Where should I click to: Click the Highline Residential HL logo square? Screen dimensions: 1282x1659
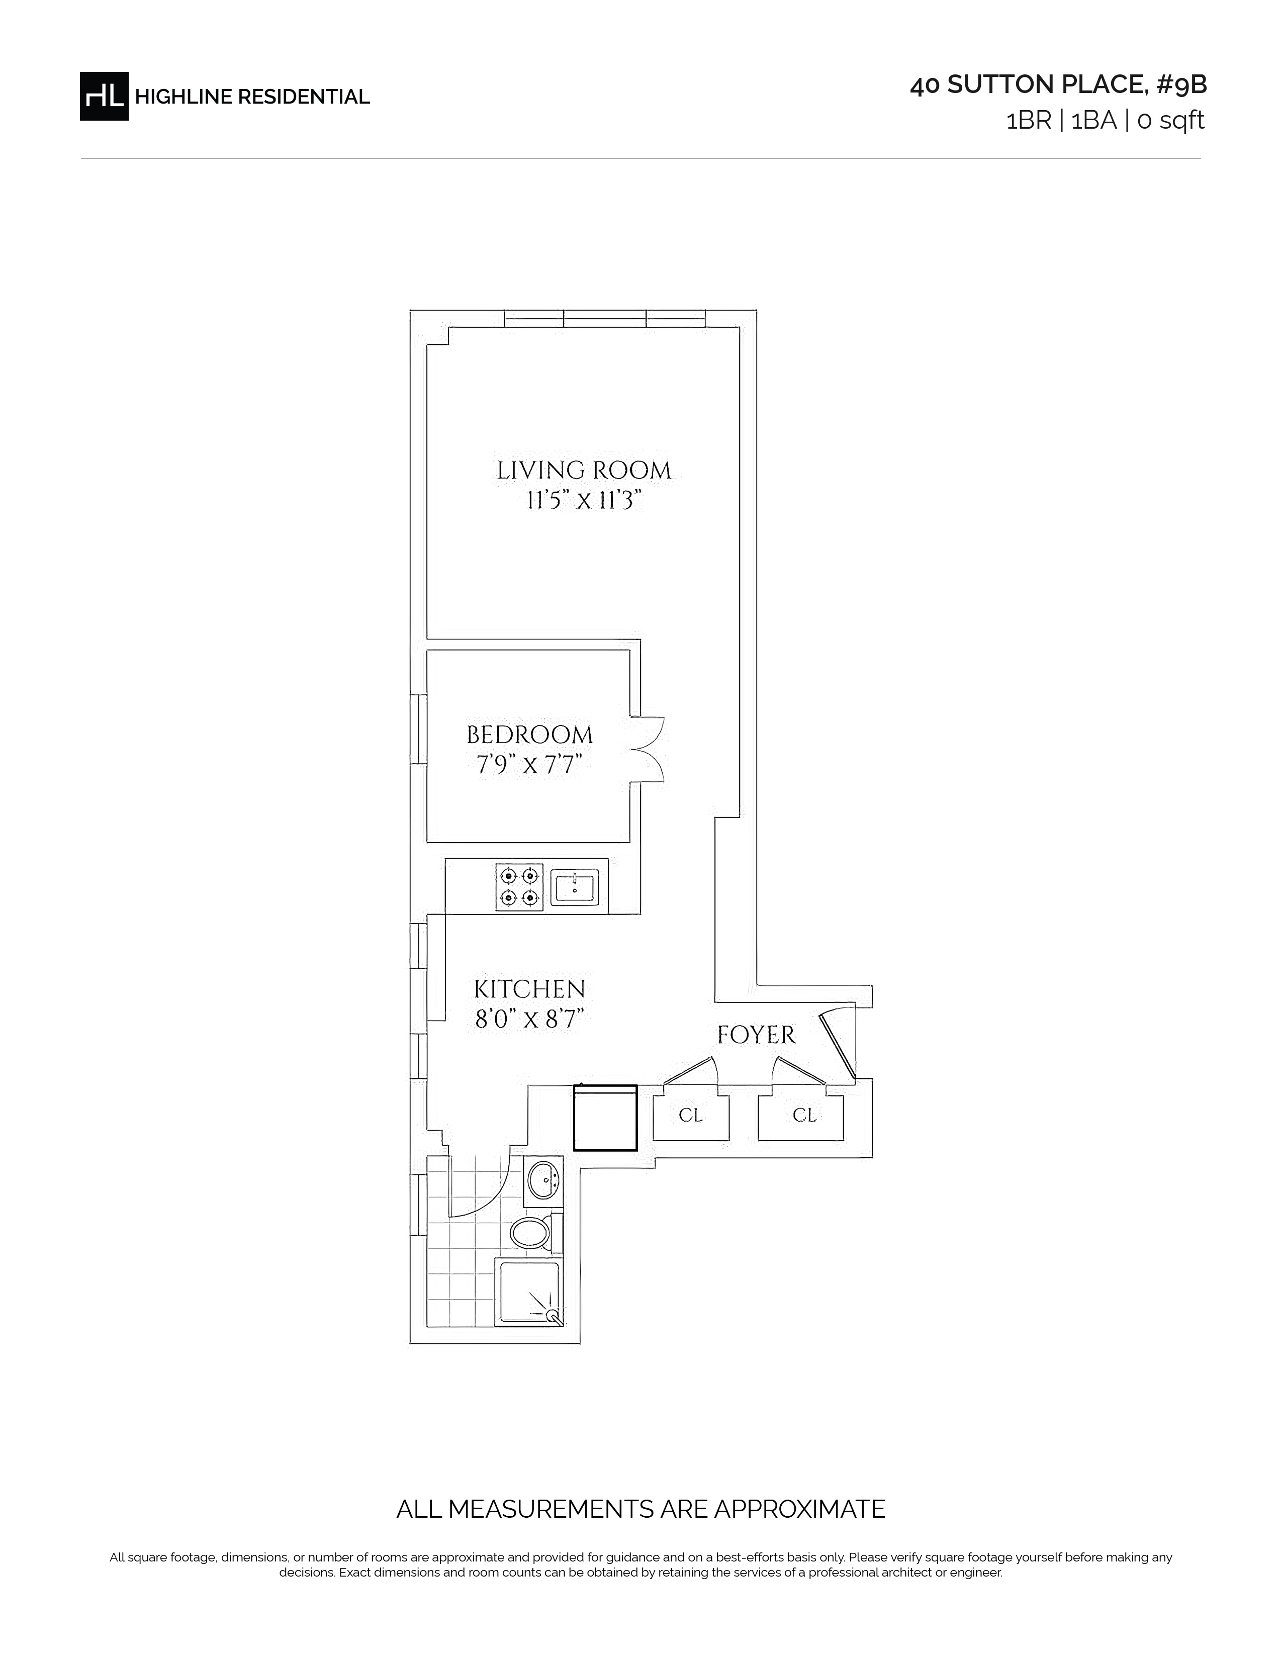point(104,96)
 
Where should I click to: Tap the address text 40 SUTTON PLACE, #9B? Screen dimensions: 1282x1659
point(1058,85)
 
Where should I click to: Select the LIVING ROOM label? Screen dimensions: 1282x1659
point(584,470)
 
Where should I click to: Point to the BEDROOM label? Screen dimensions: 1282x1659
point(529,734)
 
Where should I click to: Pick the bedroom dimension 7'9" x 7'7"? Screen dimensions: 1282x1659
point(529,764)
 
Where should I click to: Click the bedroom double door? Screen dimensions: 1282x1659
point(647,749)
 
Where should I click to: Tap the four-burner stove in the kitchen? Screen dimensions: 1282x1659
point(519,886)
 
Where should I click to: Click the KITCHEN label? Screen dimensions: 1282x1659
point(529,989)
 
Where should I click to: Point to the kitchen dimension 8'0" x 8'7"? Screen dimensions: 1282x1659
point(529,1018)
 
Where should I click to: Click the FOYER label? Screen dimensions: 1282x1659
point(757,1035)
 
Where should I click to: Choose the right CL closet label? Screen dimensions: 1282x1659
point(804,1115)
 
